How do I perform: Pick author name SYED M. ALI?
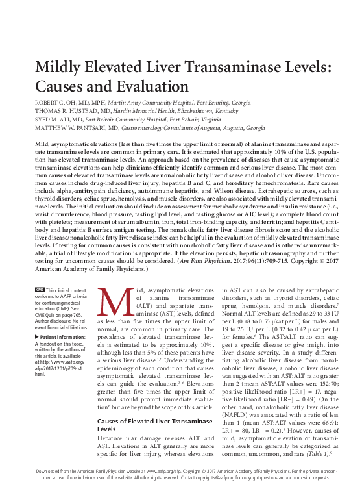pyautogui.click(x=54, y=120)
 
